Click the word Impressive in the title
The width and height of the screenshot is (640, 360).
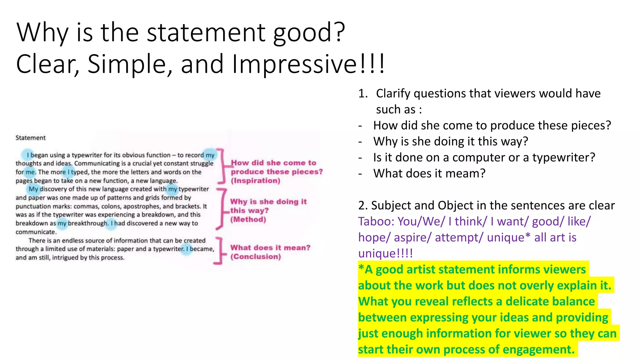[x=294, y=64]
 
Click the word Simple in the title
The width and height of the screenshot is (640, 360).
[x=129, y=64]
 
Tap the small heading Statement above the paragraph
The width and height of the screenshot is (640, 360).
[x=31, y=138]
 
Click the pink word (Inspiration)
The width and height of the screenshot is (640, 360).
[x=255, y=181]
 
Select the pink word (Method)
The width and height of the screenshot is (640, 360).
[x=248, y=219]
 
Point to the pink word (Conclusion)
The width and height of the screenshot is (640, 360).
[x=256, y=257]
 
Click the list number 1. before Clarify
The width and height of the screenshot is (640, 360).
[x=363, y=93]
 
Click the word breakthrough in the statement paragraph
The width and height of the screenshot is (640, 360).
[x=88, y=223]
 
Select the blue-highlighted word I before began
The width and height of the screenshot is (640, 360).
[x=28, y=155]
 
